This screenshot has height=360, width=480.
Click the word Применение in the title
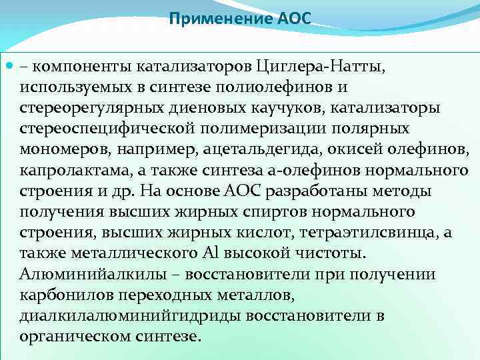221,19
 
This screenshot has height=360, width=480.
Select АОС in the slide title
294,19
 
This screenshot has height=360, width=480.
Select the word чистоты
336,254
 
